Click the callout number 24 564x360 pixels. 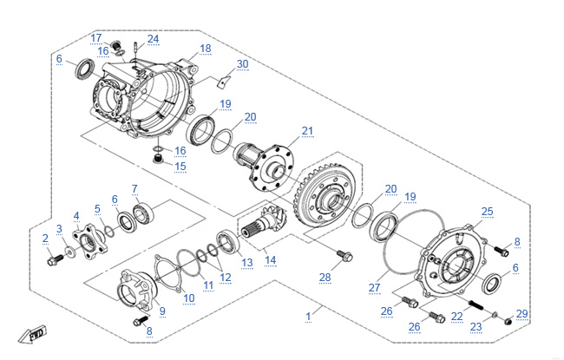point(153,39)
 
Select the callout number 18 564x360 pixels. point(205,49)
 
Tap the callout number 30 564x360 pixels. point(242,64)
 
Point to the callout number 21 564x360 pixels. point(306,131)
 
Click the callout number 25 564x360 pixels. point(487,211)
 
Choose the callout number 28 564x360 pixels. point(325,278)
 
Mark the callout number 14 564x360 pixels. point(270,259)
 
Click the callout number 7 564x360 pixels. point(134,188)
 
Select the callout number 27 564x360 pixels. point(374,286)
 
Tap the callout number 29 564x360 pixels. point(521,314)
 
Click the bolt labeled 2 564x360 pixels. point(53,257)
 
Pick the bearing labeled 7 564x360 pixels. point(144,213)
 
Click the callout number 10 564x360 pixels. point(188,298)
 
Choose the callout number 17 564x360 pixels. point(95,37)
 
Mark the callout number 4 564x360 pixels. point(76,216)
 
